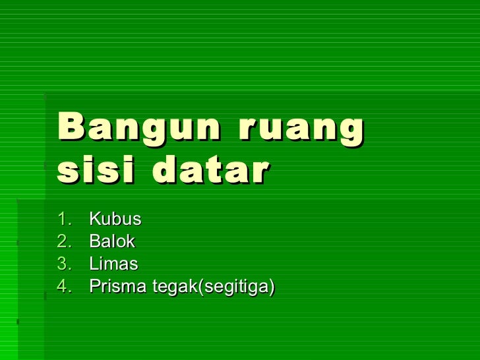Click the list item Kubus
point(115,218)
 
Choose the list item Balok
point(112,241)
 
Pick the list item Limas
point(113,264)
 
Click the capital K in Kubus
point(94,218)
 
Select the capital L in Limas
point(93,264)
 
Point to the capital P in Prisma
point(94,287)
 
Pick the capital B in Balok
point(94,241)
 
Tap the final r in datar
point(260,172)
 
